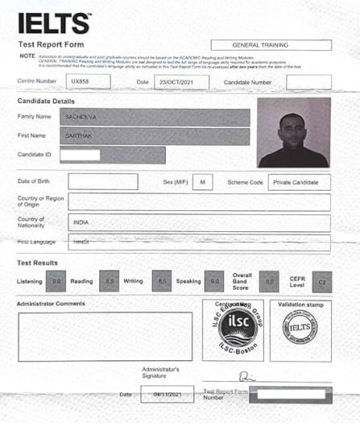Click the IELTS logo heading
click(x=54, y=23)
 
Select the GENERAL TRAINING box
click(x=271, y=45)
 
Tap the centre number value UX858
click(x=81, y=81)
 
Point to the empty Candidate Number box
click(x=308, y=81)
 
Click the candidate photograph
click(x=293, y=132)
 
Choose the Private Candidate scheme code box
click(x=299, y=182)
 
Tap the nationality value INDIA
click(x=81, y=222)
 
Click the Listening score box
click(x=56, y=281)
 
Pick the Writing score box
click(x=161, y=281)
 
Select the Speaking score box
click(x=215, y=281)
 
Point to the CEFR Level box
click(x=321, y=281)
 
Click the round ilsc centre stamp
click(x=233, y=330)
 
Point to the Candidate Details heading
click(x=48, y=101)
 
